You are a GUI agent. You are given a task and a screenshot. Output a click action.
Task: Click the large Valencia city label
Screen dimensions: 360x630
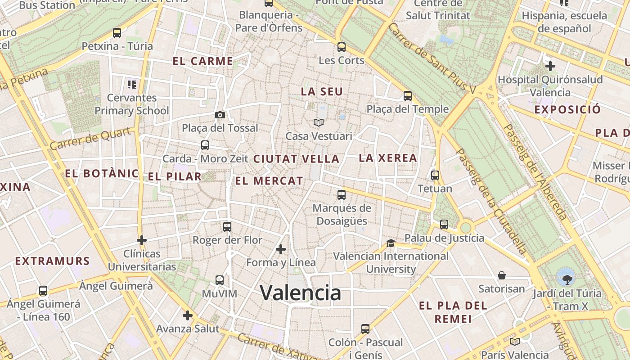301,293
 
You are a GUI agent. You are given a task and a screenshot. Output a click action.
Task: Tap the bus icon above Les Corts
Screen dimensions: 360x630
342,47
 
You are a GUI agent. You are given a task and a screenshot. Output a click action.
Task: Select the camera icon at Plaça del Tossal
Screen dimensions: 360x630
220,115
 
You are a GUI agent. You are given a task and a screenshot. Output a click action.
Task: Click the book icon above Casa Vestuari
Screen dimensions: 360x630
319,122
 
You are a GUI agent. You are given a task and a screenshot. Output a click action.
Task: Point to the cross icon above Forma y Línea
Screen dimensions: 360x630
281,249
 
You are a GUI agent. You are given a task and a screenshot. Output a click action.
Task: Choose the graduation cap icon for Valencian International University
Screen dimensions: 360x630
391,243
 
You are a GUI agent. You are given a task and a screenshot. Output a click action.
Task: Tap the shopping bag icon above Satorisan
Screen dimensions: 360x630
502,275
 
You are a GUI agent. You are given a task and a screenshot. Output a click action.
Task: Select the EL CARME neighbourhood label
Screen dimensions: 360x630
203,61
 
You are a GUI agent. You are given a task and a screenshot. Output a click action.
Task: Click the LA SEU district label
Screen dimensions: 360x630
322,92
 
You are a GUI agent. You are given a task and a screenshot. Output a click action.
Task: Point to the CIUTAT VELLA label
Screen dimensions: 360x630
296,159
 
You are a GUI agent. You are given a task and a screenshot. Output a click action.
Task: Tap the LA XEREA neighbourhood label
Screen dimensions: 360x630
388,158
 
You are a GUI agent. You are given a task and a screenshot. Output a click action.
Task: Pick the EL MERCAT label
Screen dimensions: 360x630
269,181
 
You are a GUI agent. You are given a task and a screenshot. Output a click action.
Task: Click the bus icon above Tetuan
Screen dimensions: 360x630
435,175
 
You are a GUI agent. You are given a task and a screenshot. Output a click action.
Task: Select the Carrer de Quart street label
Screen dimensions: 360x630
92,139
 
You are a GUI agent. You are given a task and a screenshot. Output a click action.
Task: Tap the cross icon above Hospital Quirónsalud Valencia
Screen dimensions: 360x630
550,66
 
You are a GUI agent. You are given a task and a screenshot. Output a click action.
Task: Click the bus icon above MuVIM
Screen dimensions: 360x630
220,280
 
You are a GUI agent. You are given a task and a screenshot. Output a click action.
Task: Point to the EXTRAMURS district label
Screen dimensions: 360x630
53,261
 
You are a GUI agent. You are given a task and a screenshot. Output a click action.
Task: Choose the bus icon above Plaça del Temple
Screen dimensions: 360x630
408,96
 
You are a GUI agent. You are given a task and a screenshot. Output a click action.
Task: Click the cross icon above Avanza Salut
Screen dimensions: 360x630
188,315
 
